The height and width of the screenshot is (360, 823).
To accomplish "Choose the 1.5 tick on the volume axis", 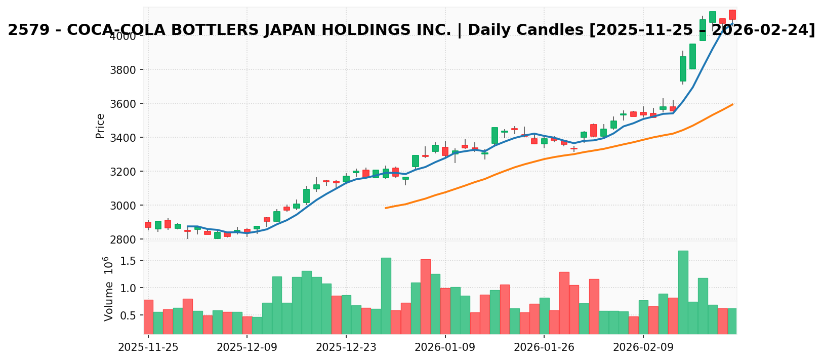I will click(x=130, y=261).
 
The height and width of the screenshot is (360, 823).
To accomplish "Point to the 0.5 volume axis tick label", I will click(x=130, y=315).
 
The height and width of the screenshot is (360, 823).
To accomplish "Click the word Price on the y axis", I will click(x=100, y=126).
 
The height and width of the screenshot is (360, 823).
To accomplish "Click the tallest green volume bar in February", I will click(x=683, y=292).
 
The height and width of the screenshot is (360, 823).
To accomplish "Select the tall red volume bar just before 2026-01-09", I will click(x=425, y=296).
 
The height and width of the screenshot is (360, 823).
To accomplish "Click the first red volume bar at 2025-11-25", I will click(x=148, y=316).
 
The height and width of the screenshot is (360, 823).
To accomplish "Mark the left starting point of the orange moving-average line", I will click(x=386, y=208).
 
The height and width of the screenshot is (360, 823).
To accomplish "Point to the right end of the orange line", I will click(x=732, y=104).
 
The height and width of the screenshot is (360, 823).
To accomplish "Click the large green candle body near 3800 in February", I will click(x=683, y=69).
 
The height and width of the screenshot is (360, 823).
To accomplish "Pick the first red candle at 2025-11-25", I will click(x=148, y=224).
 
